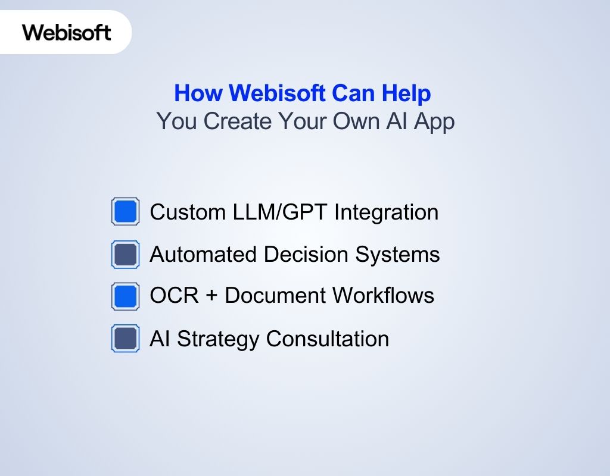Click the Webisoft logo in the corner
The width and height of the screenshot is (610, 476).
click(67, 32)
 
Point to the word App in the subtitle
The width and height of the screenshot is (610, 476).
click(434, 122)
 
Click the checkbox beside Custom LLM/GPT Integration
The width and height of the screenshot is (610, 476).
click(125, 212)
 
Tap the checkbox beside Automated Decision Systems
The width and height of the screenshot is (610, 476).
click(125, 255)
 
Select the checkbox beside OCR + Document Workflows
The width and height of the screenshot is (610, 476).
click(125, 296)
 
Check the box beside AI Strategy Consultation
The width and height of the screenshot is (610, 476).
click(125, 339)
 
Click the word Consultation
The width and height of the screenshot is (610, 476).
click(328, 339)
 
